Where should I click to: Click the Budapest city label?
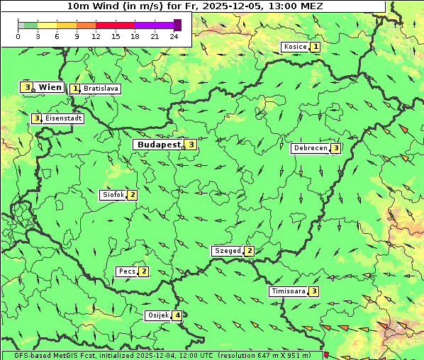coord(159,145)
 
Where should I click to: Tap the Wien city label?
coord(50,87)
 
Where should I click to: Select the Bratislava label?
coord(100,89)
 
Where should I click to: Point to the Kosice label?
coord(294,47)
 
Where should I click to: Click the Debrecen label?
coord(310,148)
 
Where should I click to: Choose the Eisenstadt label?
coord(63,118)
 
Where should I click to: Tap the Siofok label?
coord(113,194)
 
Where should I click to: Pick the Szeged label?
coord(228,251)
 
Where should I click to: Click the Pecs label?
coord(127,271)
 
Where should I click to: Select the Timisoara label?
coord(288,291)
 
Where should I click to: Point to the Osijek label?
coord(157,315)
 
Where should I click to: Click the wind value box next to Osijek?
coord(177,315)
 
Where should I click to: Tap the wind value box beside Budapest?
coord(191,145)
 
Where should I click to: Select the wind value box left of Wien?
coord(27,87)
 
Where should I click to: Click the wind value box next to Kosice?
coord(315,47)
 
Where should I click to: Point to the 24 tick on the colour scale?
coord(174,36)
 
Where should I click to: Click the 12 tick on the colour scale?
coord(96,36)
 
